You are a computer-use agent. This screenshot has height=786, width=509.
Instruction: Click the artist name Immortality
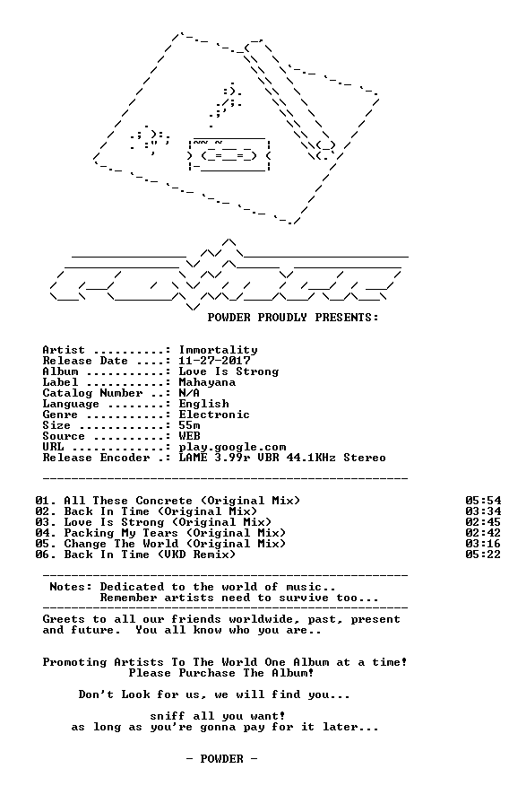(219, 351)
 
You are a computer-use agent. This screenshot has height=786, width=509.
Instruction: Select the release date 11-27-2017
(215, 361)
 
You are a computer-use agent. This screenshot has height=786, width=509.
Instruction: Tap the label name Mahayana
(207, 382)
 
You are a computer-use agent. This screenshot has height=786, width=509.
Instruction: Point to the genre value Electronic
(214, 415)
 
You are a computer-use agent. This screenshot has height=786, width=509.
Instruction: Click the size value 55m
(190, 425)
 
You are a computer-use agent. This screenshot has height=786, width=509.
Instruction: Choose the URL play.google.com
(233, 447)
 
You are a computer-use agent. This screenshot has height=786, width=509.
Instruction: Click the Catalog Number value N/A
(189, 393)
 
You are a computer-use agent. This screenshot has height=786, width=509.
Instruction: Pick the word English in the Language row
(204, 404)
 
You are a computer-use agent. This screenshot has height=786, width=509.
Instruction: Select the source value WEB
(190, 436)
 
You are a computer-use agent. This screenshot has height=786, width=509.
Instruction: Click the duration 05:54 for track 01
(483, 501)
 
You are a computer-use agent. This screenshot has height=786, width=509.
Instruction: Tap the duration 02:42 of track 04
(483, 533)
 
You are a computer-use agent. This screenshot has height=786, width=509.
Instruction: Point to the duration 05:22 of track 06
(483, 555)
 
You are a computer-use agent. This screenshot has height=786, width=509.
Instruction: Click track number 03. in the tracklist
(46, 522)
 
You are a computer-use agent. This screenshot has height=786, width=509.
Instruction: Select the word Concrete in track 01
(164, 501)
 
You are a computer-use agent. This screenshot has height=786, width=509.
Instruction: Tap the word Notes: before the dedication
(71, 587)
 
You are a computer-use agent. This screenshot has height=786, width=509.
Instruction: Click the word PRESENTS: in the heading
(347, 318)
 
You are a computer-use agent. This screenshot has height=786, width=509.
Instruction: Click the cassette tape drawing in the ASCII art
(229, 154)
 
